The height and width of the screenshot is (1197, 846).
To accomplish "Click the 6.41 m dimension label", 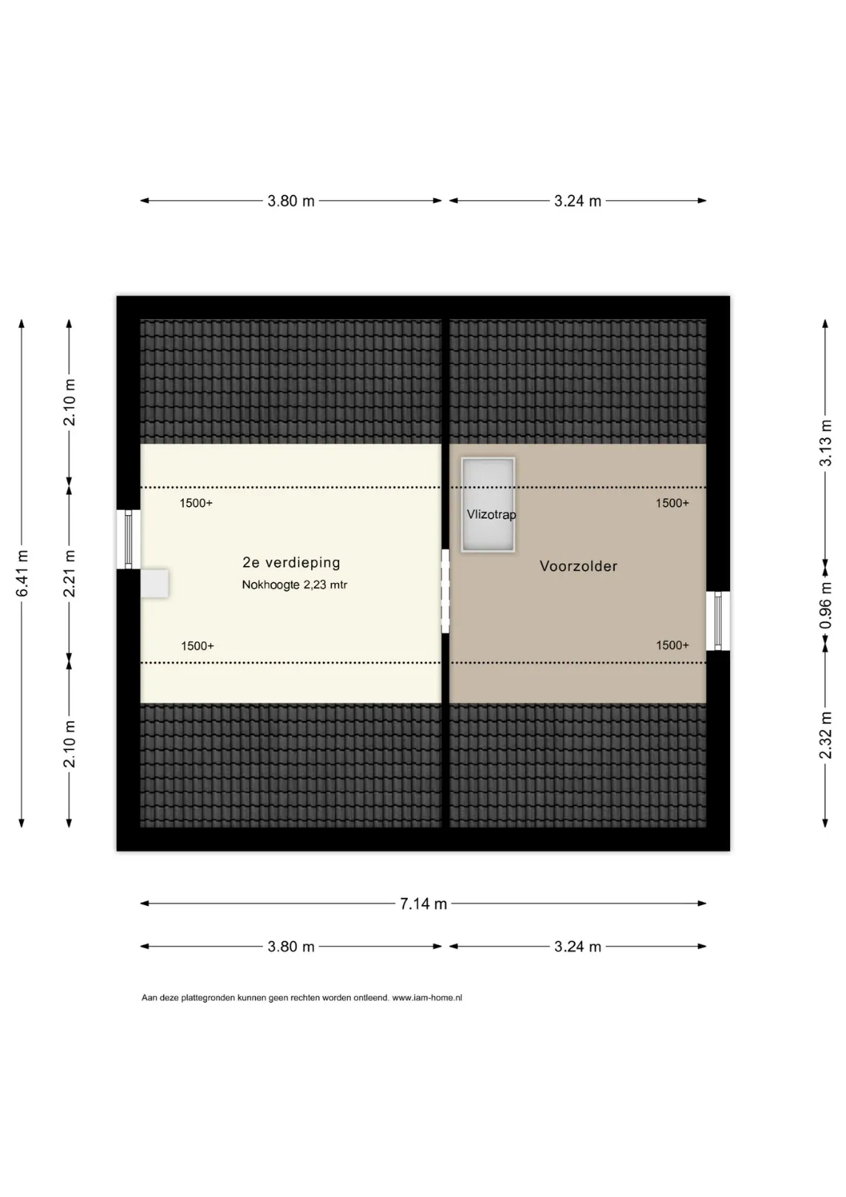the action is [x=22, y=573].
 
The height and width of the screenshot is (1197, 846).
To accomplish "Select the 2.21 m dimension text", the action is [x=69, y=573].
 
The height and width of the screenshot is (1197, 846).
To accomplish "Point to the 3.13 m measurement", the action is [x=826, y=443].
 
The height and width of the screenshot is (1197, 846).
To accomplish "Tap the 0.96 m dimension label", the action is [x=826, y=605].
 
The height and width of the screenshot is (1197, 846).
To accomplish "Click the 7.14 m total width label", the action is [x=423, y=904].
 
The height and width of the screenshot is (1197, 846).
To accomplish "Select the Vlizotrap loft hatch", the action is [x=488, y=505].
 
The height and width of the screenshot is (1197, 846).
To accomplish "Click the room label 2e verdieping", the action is [x=291, y=562].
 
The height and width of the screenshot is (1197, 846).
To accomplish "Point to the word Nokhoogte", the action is [x=270, y=585].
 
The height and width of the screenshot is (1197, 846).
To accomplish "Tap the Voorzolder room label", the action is [x=579, y=566].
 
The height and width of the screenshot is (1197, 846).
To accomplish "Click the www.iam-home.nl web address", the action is [x=427, y=997].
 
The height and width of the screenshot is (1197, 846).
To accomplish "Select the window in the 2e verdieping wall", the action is [x=129, y=539].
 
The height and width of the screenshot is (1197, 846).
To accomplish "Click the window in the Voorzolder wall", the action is [x=717, y=621].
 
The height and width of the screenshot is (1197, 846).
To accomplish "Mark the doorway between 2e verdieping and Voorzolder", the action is [x=446, y=591].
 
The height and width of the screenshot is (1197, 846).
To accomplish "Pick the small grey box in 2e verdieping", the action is [x=154, y=583].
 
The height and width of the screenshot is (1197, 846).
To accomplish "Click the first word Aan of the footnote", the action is [x=149, y=997].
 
